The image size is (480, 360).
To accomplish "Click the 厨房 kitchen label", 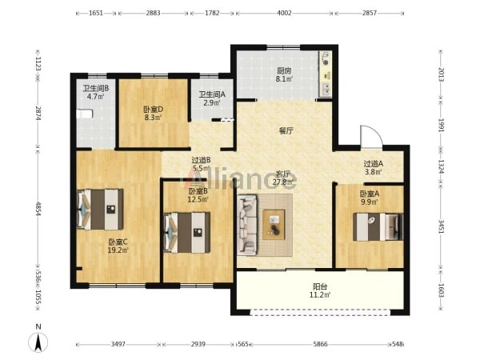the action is pos(284,71).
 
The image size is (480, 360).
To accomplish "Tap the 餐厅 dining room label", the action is pos(286,131).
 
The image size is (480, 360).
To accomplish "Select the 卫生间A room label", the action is pos(212,94).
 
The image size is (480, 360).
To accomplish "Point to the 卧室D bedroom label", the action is pos(153,110).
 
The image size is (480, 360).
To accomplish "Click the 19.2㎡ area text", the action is pos(118,250).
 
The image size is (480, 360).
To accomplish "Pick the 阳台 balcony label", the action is pos(320,287).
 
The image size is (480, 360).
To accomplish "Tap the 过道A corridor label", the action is pos(373,164).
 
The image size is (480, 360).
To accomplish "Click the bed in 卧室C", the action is pos(100,210).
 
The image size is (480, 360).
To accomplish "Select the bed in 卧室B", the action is pos(187,233).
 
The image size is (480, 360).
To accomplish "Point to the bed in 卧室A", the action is pos(378,227).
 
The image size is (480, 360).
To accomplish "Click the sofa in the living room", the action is pos(247,225).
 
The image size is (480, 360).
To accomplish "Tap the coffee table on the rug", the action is pos(274,225).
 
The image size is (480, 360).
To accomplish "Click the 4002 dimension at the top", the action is pos(284,13).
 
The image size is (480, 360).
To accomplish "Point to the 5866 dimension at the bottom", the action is pos(320,344).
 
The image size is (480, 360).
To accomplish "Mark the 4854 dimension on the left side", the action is pos(38,209).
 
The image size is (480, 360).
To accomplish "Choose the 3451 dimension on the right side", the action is pos(441,226).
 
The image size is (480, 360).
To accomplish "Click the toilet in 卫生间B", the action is pos(84,114).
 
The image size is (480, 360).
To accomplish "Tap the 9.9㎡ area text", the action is pos(370,202).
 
